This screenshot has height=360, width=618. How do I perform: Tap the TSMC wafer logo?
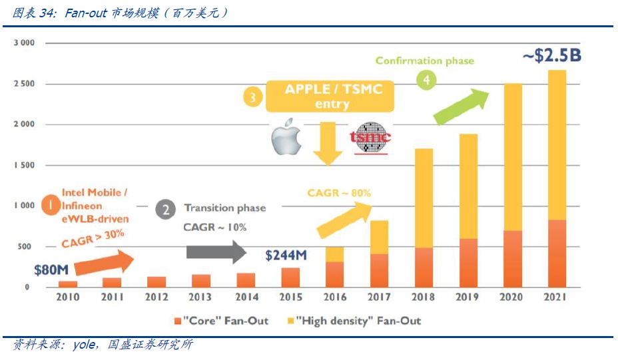point(371,138)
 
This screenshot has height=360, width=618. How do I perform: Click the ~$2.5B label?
point(551,55)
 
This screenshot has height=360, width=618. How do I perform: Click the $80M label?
point(52,270)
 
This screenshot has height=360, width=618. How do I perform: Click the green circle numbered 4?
point(426,81)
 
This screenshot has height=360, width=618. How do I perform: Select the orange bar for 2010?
point(68,284)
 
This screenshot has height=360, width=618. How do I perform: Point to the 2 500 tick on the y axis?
point(24,84)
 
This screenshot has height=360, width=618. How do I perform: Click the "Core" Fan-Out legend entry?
point(221,321)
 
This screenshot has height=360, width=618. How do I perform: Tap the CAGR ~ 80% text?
point(339,193)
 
